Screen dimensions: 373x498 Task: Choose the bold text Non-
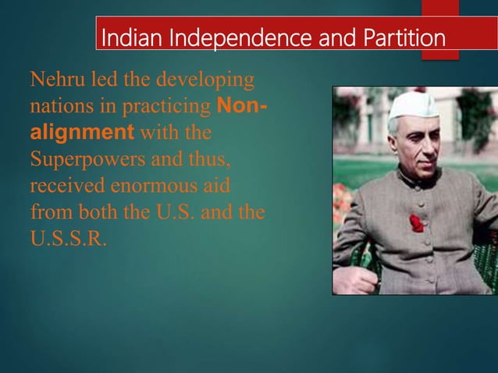point(240,105)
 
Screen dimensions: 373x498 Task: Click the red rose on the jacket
point(417,224)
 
